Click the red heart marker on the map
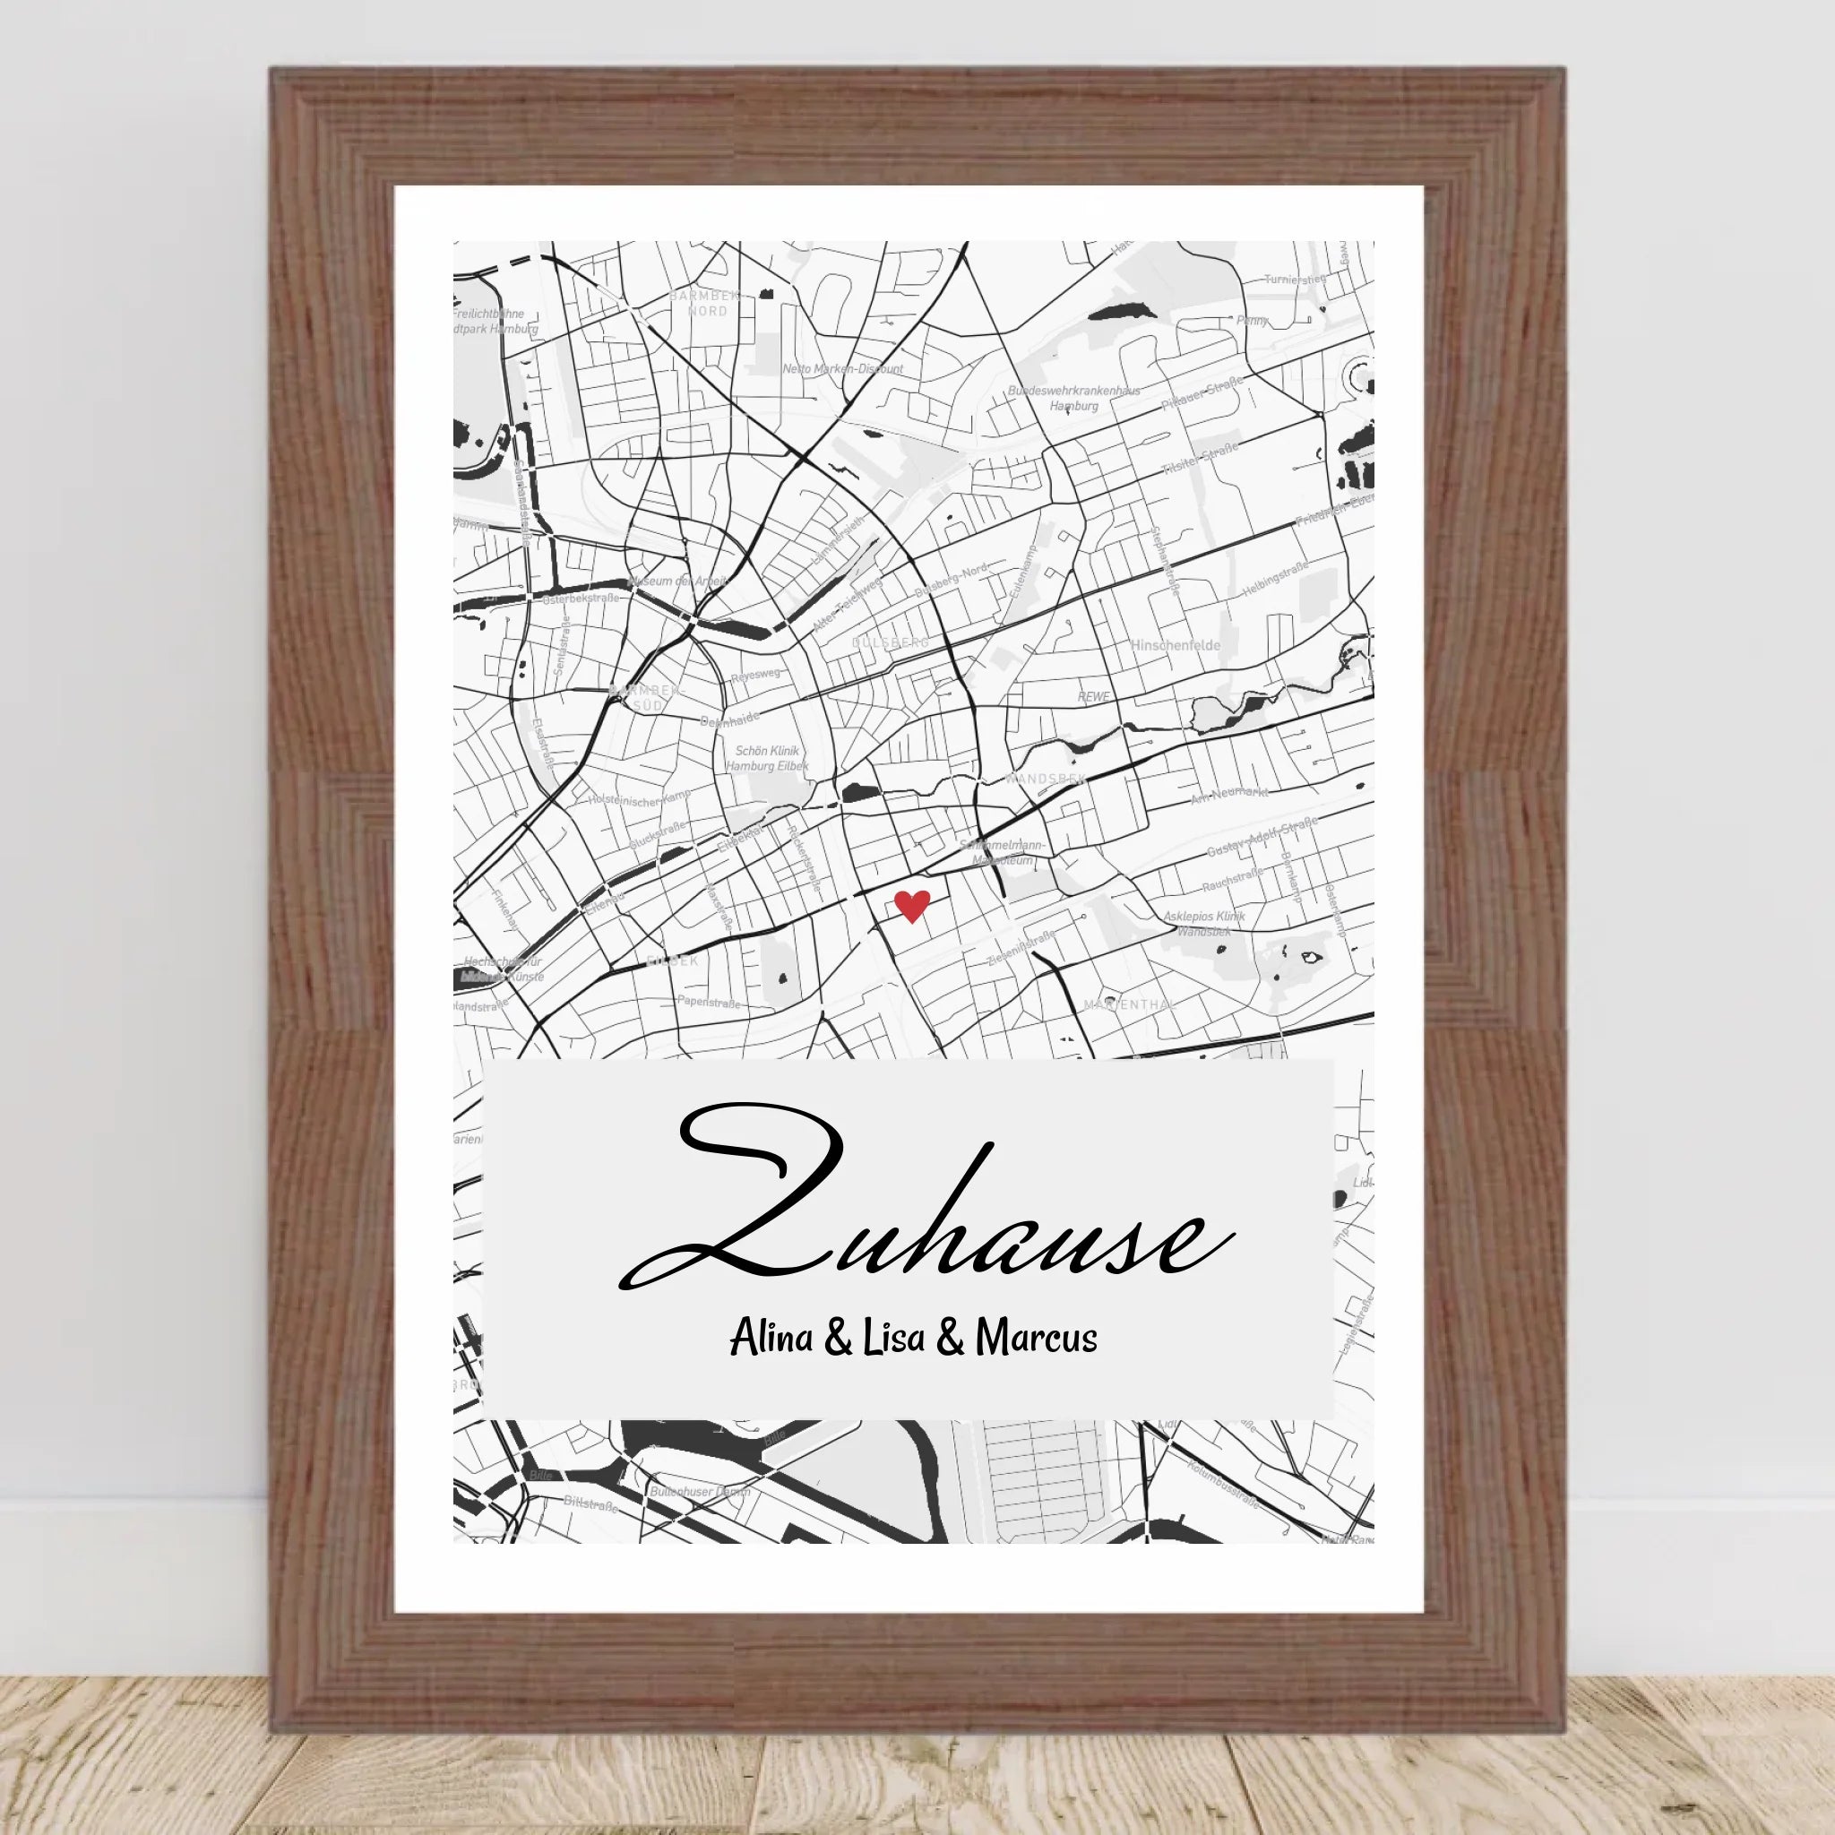tap(912, 906)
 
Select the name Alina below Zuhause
tap(771, 1339)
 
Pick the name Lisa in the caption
tap(892, 1339)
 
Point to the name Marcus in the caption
tap(1037, 1339)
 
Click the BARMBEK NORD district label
tap(705, 304)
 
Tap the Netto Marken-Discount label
tap(842, 368)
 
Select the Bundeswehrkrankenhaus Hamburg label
tap(1074, 398)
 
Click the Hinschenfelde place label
tap(1175, 645)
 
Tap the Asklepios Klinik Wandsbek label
tap(1204, 923)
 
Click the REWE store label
tap(1093, 696)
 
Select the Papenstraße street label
tap(708, 1001)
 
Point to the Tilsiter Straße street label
tap(1200, 459)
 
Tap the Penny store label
tap(1252, 321)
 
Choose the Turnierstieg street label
tap(1294, 280)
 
